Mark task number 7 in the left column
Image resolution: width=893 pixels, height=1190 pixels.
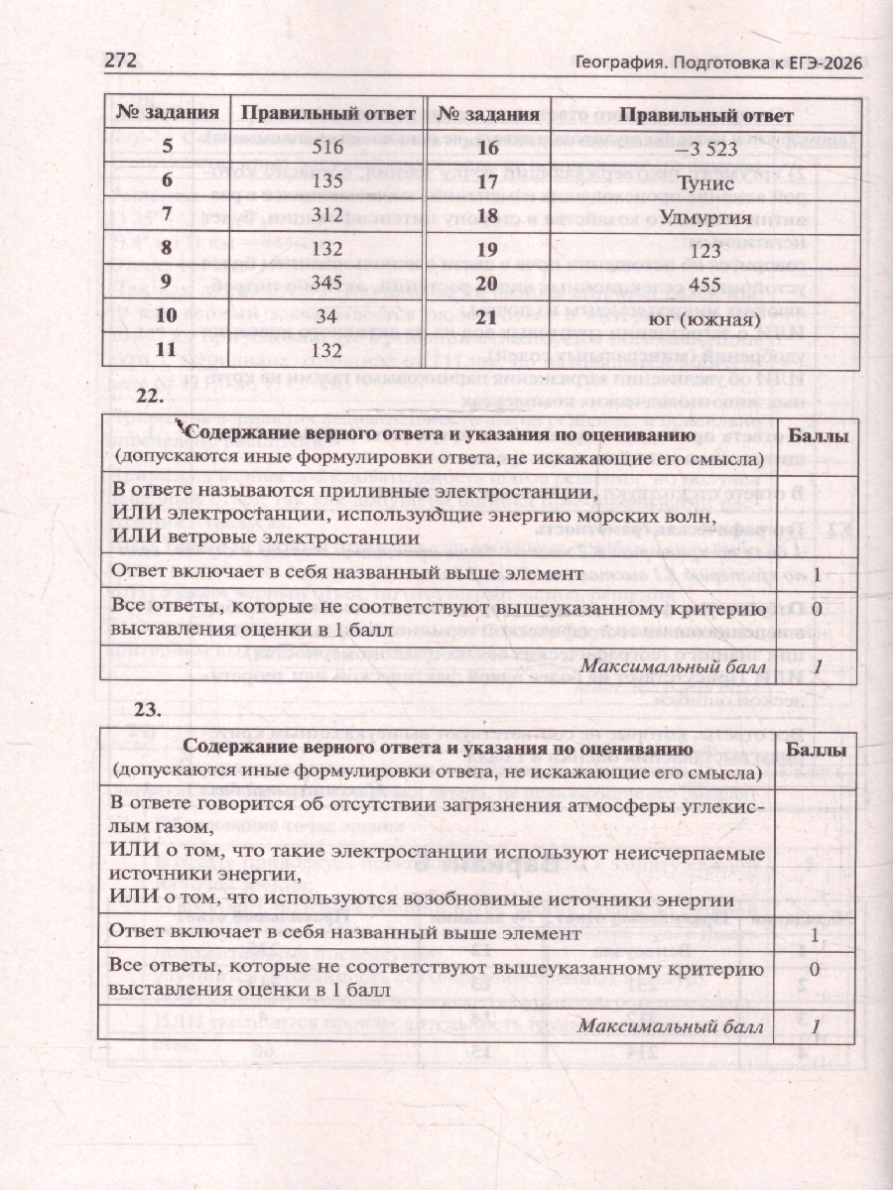[166, 215]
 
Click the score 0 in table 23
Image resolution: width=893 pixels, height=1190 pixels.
[816, 968]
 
